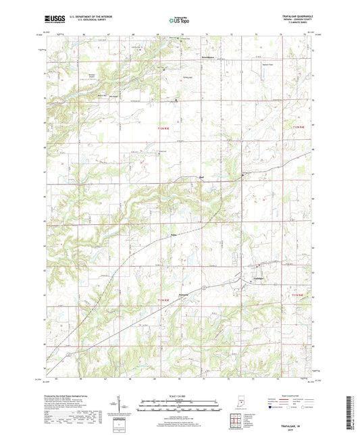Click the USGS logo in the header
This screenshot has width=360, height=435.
(x=53, y=20)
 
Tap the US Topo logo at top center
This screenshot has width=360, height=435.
(x=179, y=20)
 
